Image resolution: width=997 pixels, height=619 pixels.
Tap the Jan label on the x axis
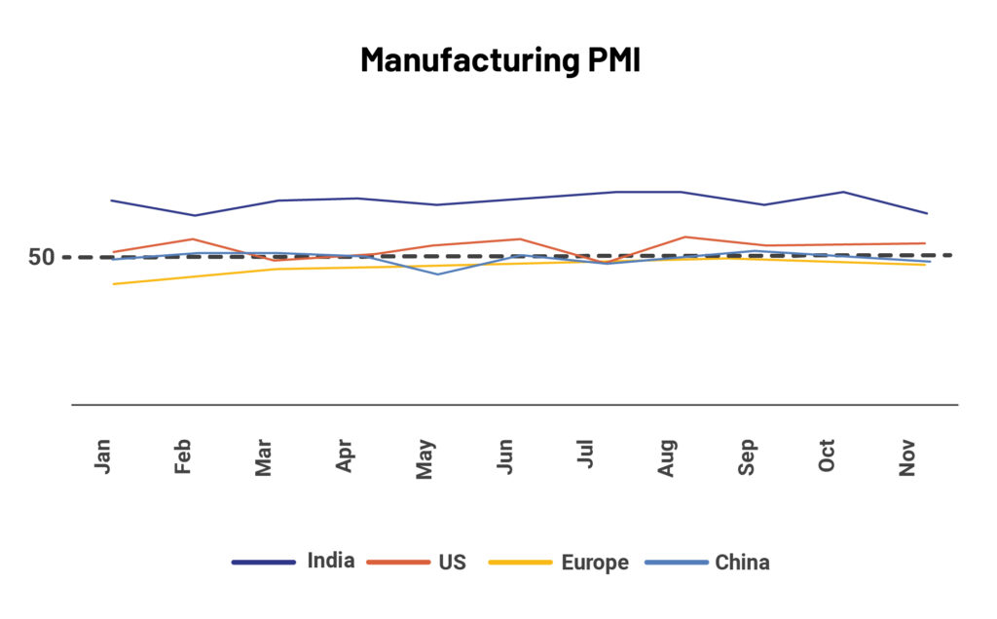pyautogui.click(x=103, y=455)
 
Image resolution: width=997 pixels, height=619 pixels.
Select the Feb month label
pyautogui.click(x=184, y=455)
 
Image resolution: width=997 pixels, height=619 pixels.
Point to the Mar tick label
pyautogui.click(x=264, y=455)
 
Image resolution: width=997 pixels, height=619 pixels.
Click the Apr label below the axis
pyautogui.click(x=345, y=455)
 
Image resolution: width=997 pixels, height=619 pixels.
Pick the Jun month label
pyautogui.click(x=505, y=455)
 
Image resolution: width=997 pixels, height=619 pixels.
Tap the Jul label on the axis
pyautogui.click(x=586, y=455)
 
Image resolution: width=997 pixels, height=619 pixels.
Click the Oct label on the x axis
pyautogui.click(x=828, y=455)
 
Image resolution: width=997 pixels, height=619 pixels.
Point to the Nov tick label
pyautogui.click(x=908, y=455)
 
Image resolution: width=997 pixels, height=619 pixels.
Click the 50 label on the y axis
pyautogui.click(x=41, y=257)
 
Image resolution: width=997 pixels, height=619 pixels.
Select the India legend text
pyautogui.click(x=331, y=562)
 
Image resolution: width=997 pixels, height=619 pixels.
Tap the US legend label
pyautogui.click(x=452, y=563)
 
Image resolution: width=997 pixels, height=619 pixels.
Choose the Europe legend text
pyautogui.click(x=595, y=563)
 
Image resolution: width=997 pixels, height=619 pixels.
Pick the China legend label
pyautogui.click(x=742, y=563)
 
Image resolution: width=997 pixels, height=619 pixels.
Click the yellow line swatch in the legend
pyautogui.click(x=520, y=563)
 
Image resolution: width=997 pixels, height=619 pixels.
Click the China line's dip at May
pyautogui.click(x=437, y=273)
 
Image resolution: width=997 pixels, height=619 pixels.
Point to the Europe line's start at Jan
pyautogui.click(x=114, y=283)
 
